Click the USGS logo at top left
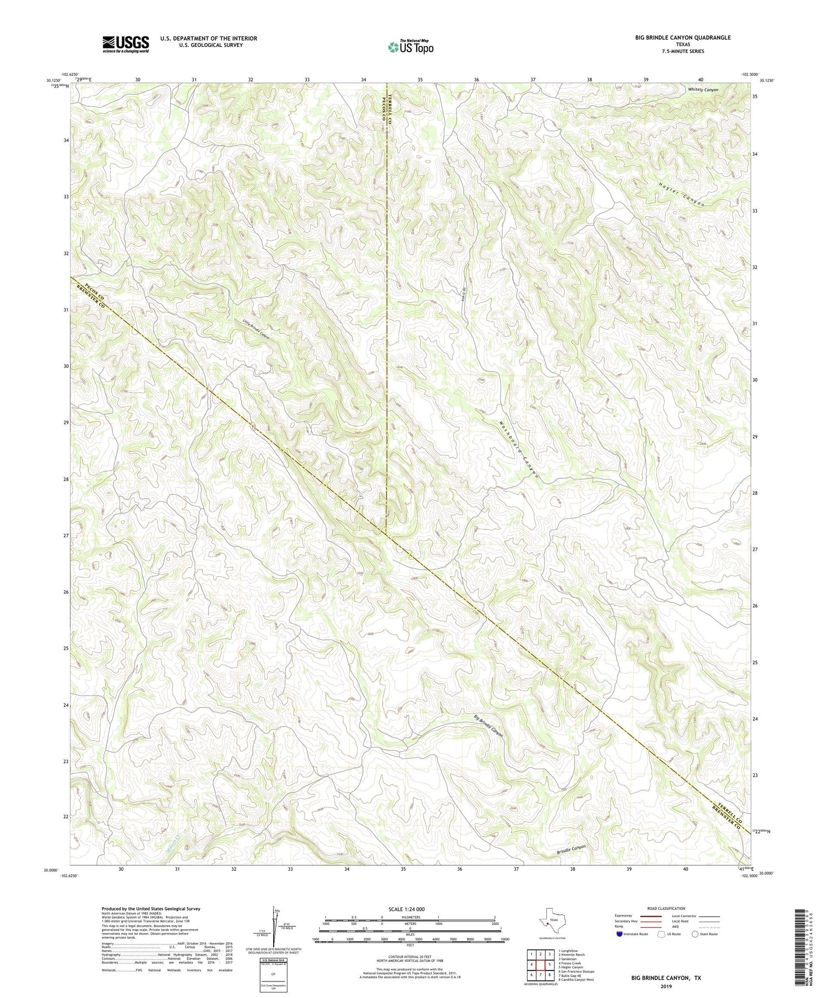click(126, 44)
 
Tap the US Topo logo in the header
click(410, 47)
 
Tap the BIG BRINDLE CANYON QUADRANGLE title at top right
click(683, 37)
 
